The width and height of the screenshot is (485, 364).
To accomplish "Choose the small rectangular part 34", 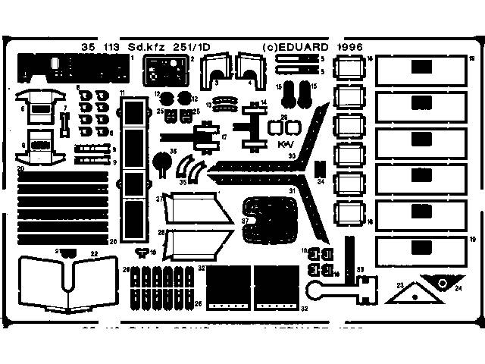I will pos(321,171).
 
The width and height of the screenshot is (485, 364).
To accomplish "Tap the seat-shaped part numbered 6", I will pos(42,105).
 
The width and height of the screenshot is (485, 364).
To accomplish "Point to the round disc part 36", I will pos(161,161).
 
